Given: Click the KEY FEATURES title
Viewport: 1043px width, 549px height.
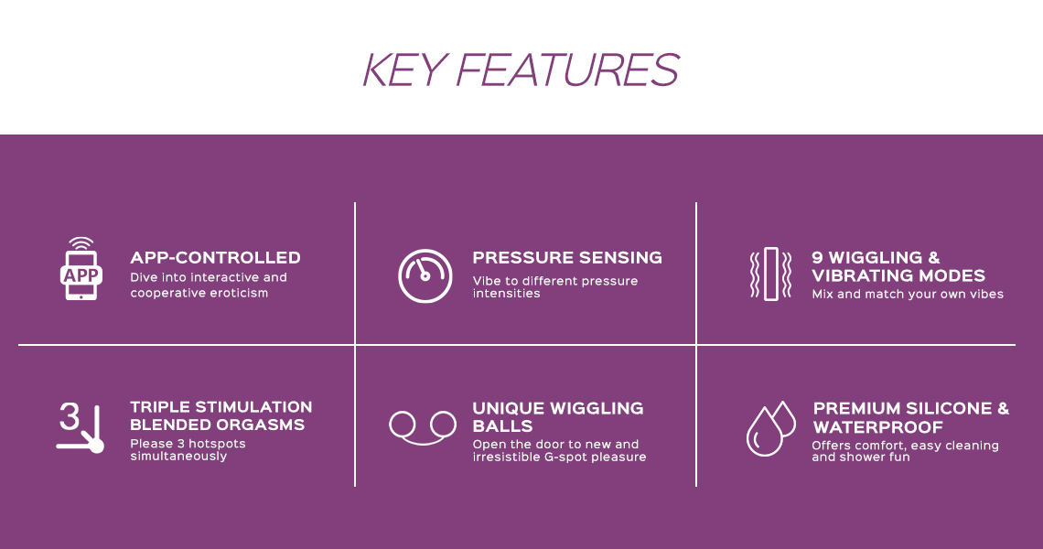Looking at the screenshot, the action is click(x=521, y=70).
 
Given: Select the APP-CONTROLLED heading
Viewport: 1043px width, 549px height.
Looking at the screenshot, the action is click(x=216, y=257).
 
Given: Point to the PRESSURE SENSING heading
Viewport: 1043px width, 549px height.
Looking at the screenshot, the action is click(x=567, y=257).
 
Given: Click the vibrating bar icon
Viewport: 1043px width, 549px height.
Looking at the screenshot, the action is click(x=771, y=274).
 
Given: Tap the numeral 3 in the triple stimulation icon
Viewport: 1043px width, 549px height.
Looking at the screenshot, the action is click(x=70, y=416).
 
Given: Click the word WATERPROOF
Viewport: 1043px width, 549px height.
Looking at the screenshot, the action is click(x=878, y=427).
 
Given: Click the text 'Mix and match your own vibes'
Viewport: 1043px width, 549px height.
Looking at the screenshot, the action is click(x=908, y=294).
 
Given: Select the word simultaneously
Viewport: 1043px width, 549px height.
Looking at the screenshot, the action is click(x=178, y=457).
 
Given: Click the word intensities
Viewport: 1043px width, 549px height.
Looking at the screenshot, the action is click(x=506, y=294).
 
